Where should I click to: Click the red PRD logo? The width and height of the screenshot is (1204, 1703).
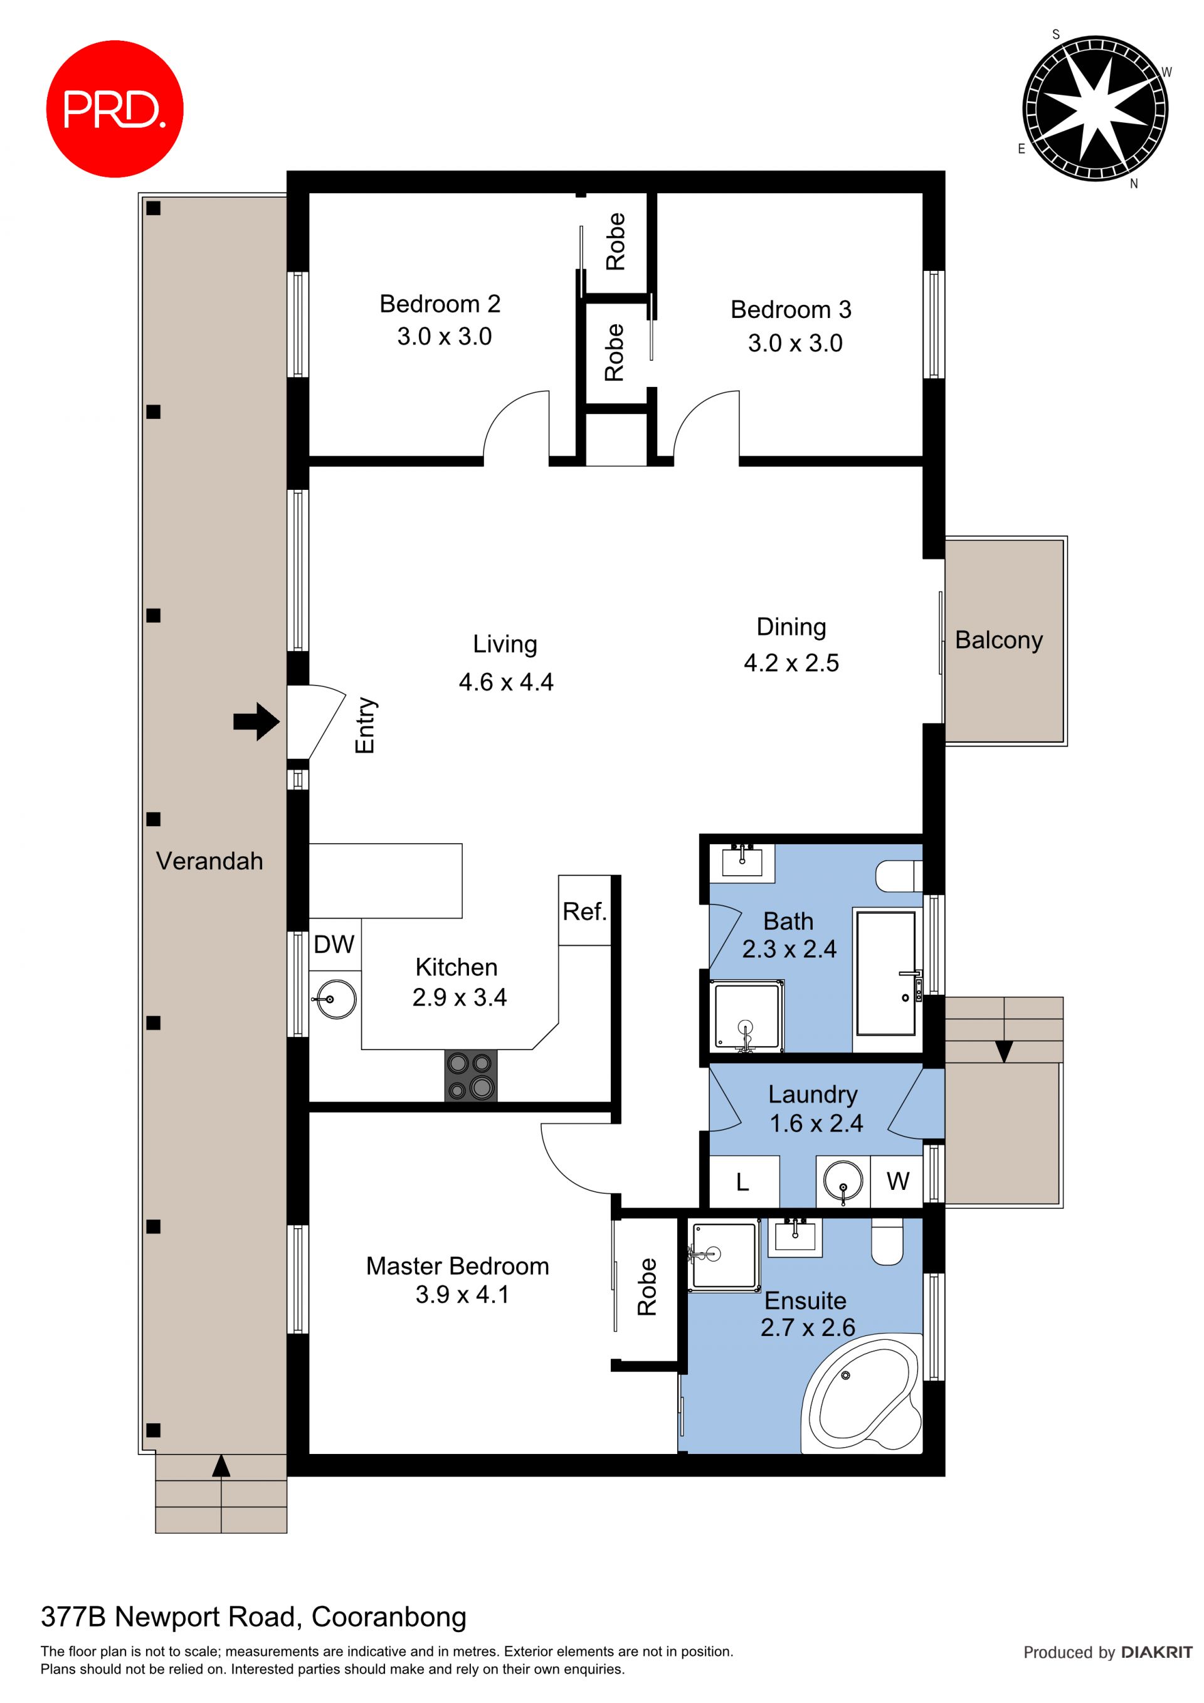pos(115,109)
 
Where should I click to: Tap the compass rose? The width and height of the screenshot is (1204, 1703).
pos(1095,109)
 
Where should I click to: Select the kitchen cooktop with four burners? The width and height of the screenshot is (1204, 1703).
pos(471,1076)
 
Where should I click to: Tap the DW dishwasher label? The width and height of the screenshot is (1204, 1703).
pos(334,944)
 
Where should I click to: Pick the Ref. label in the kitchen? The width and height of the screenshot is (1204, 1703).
pos(585,911)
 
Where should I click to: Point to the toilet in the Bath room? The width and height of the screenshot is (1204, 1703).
pos(899,876)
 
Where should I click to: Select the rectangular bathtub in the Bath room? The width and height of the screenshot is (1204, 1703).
pos(886,973)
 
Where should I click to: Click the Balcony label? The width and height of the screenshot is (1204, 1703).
pos(999,640)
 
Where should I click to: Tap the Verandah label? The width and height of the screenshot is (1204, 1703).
pos(210,861)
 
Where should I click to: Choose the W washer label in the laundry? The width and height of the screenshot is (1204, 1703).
pos(898,1181)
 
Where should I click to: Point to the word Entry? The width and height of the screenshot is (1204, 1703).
pos(366,725)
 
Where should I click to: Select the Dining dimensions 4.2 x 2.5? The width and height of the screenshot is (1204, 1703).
pos(792,662)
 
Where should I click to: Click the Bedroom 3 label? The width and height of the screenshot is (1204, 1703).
pos(791,309)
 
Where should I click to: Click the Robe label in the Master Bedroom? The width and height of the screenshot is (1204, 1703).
pos(647,1287)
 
